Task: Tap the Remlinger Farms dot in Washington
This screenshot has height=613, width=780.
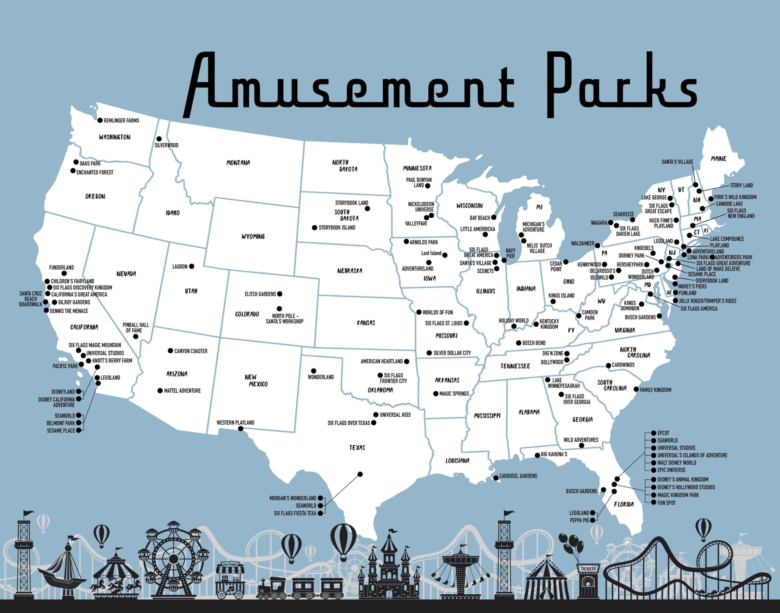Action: coord(100,120)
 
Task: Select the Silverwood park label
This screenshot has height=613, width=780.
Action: coord(166,145)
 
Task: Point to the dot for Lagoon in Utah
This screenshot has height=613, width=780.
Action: coord(192,266)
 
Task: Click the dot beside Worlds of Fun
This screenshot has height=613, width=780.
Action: coord(419,312)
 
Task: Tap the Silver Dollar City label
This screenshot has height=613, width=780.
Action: coord(452,353)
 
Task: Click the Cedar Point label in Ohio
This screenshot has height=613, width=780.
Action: coord(556,266)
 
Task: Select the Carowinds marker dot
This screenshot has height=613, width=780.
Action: coord(608,365)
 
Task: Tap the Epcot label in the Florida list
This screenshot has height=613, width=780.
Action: coord(663,433)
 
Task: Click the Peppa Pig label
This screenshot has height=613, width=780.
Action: coord(579,520)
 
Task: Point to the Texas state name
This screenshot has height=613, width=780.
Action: coord(357,447)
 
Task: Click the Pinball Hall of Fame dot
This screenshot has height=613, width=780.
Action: coord(136,336)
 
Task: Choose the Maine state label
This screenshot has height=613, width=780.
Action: coord(718,159)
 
